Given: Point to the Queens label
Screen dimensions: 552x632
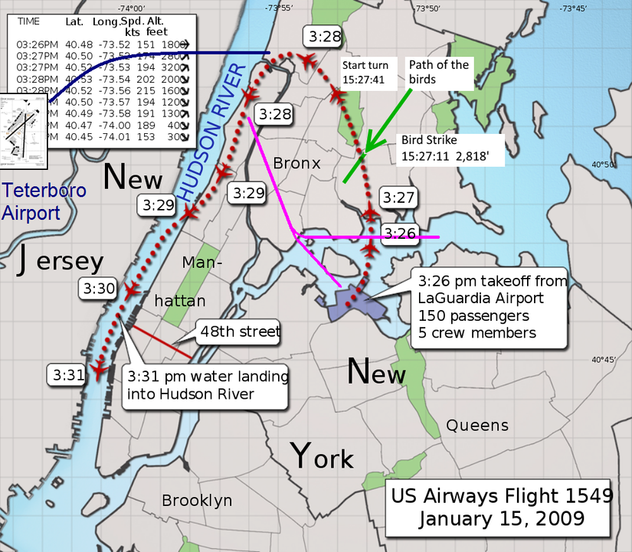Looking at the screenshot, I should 477,425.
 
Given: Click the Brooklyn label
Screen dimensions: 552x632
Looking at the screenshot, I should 196,501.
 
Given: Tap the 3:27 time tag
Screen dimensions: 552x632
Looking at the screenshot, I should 399,198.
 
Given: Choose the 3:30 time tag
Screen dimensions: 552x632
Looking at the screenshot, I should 97,289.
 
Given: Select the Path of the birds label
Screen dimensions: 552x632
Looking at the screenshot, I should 438,72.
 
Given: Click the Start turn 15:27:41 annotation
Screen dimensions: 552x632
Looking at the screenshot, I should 371,71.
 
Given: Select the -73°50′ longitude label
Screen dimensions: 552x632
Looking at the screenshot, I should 428,8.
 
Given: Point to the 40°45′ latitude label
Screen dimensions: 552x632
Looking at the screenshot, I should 603,360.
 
